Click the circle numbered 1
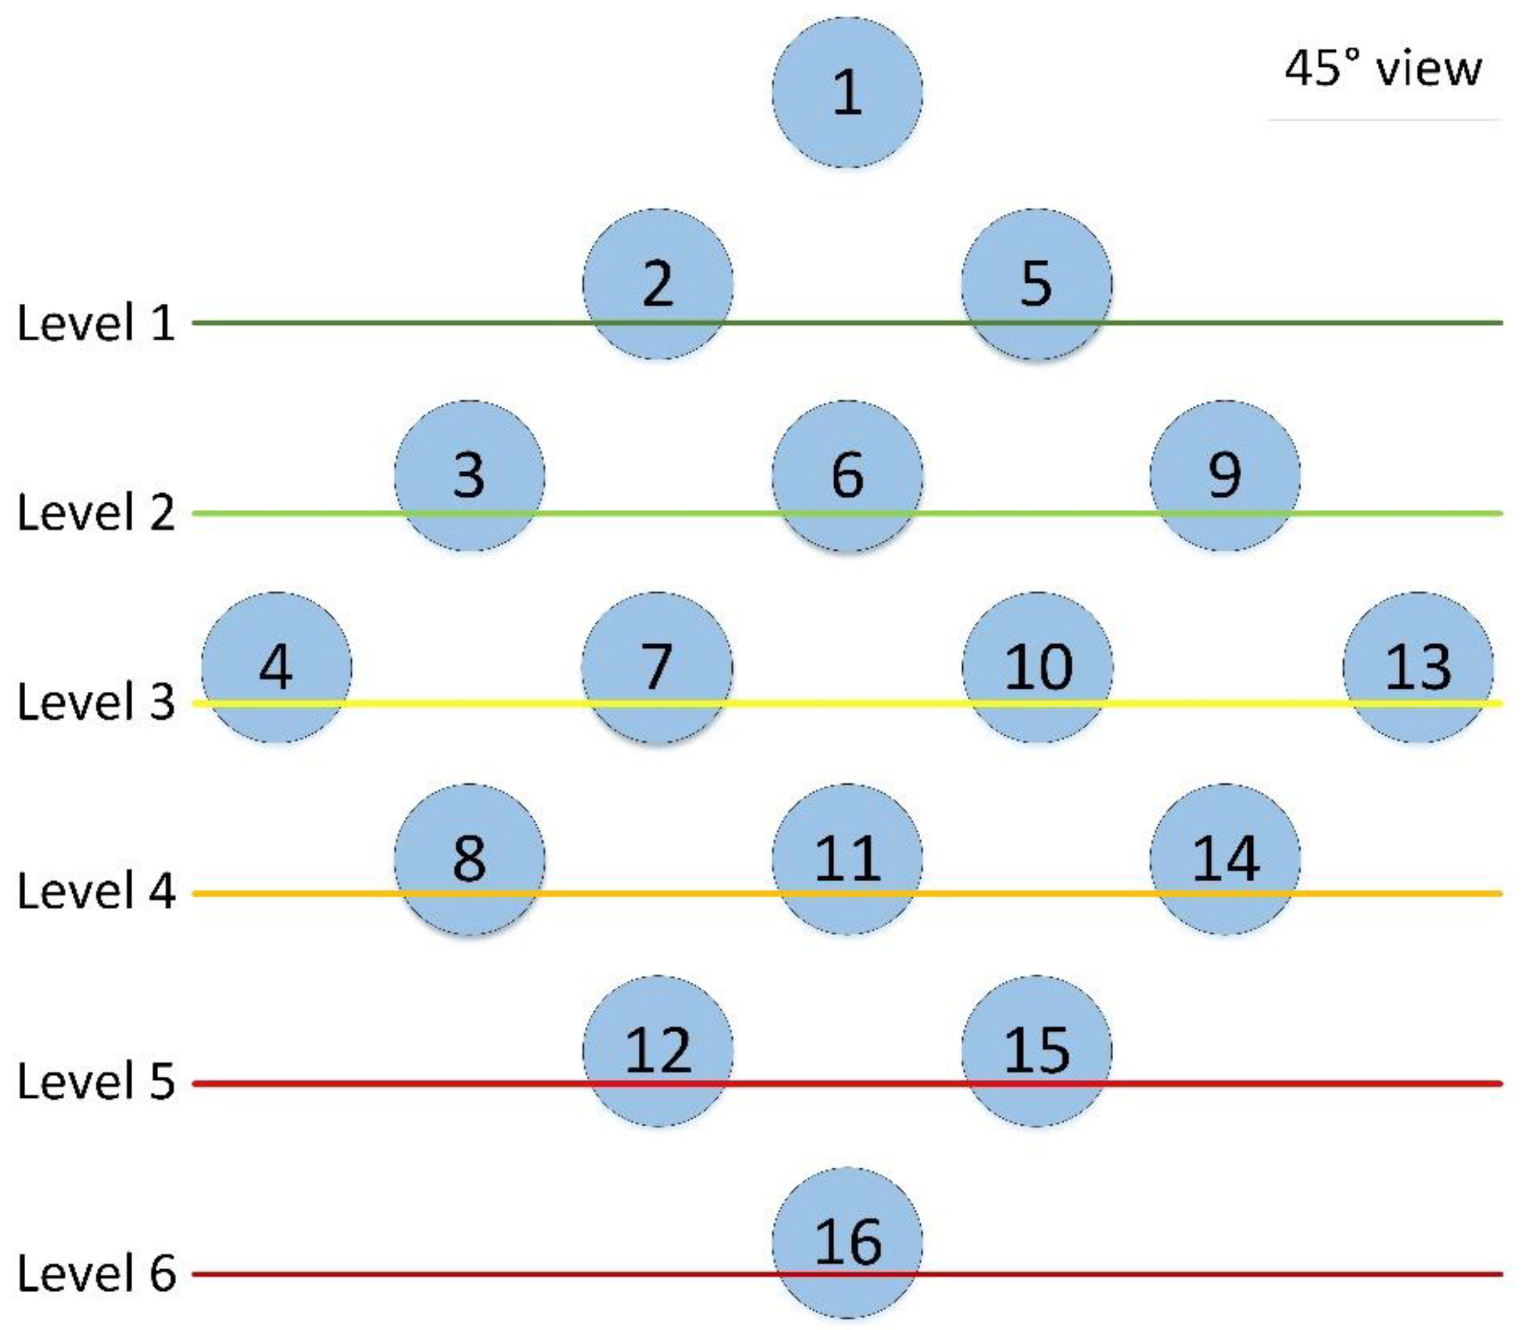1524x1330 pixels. [847, 93]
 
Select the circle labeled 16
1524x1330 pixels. [847, 1242]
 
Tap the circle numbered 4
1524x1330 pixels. [276, 667]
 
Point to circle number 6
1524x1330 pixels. [847, 476]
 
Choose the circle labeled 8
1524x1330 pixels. [469, 859]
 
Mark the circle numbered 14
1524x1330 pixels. [1224, 859]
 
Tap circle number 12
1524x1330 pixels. [657, 1050]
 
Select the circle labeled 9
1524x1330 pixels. [1224, 476]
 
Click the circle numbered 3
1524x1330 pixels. [469, 476]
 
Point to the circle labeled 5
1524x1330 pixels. [1036, 285]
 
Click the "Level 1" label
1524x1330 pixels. [96, 324]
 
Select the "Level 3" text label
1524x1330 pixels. [96, 702]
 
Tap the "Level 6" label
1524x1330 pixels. [96, 1273]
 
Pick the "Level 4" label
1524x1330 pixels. [96, 891]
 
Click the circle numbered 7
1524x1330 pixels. [657, 667]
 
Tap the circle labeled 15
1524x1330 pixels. [1036, 1050]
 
